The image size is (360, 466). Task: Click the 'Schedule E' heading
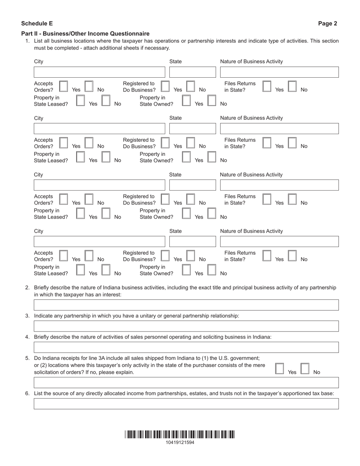point(37,23)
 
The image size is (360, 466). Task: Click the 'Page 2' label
point(327,23)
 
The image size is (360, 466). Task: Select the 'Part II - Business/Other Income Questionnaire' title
point(85,34)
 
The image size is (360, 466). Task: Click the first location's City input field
point(100,72)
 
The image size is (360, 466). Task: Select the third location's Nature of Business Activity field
point(279,185)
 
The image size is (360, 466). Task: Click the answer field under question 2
point(186,305)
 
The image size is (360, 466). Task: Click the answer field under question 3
point(186,326)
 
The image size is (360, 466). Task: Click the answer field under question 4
point(186,347)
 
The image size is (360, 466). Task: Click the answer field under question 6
point(186,404)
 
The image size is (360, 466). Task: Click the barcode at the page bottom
point(180,435)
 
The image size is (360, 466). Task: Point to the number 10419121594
point(180,443)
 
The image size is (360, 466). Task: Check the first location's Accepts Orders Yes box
point(64,86)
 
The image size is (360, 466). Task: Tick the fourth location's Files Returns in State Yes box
point(267,256)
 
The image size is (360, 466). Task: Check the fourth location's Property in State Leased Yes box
point(80,270)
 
